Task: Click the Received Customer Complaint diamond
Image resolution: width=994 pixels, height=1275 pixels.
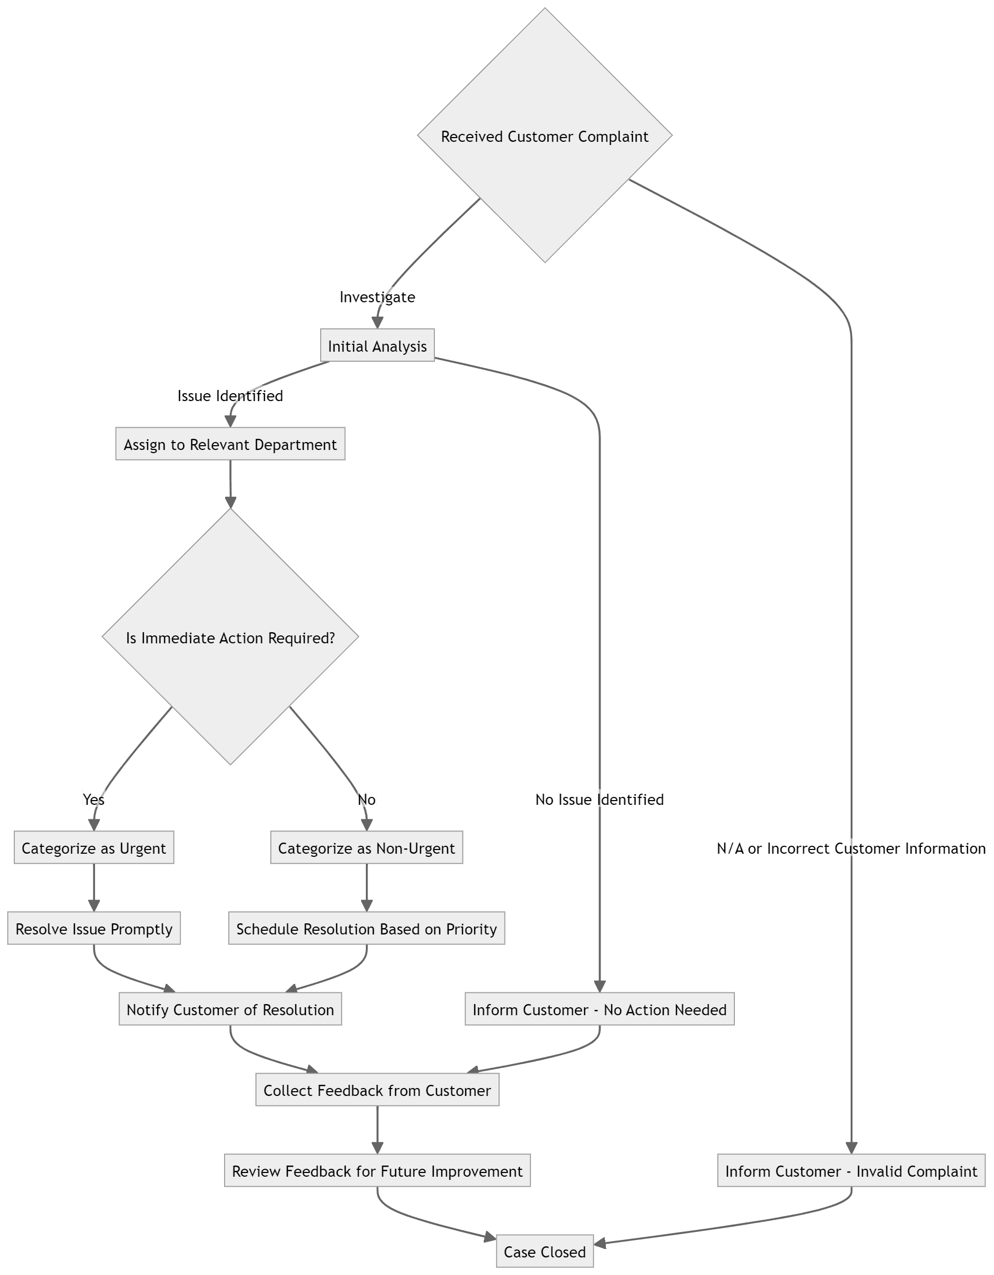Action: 544,135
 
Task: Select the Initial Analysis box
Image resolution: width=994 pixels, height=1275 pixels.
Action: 377,346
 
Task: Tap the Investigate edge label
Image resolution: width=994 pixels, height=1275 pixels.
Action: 377,296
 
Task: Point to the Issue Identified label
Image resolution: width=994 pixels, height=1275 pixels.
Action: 230,395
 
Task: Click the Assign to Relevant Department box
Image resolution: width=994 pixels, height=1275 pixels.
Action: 230,444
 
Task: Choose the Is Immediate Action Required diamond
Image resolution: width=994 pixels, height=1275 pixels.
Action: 230,637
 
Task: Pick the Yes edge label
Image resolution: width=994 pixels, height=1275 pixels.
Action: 93,798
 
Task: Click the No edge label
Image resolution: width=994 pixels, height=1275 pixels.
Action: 366,798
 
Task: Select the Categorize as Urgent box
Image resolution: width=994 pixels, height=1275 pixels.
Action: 93,848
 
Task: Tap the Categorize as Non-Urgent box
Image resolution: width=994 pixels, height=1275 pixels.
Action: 366,848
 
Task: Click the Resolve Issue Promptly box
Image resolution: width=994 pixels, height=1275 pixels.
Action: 93,928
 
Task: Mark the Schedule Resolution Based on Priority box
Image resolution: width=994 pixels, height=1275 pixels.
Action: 366,928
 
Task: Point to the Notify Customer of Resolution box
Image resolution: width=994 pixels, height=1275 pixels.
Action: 230,1009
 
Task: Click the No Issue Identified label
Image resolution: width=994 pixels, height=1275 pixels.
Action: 599,798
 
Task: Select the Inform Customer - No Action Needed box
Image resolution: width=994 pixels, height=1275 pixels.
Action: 599,1009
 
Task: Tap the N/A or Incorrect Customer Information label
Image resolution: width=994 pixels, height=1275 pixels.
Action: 851,848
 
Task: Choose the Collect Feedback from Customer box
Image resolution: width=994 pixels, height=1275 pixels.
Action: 377,1090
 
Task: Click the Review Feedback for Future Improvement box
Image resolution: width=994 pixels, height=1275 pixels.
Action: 377,1170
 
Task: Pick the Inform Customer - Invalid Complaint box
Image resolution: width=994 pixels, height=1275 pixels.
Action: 851,1170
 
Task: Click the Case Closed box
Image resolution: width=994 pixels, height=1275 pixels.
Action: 544,1252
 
